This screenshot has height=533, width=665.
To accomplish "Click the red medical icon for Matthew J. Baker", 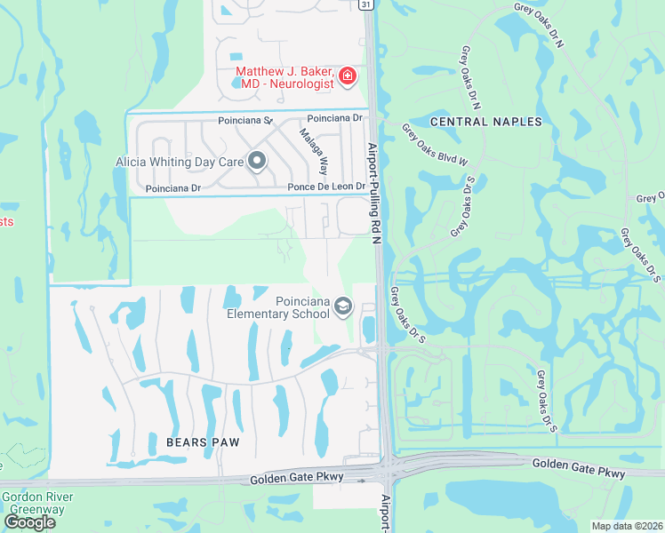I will tap(347, 76).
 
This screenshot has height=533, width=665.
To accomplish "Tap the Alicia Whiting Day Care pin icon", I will tap(257, 162).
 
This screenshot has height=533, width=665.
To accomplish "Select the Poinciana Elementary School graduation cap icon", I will tap(343, 308).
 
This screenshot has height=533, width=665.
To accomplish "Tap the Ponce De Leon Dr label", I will tap(326, 187).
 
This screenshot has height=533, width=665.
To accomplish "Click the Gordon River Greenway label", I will tap(37, 503).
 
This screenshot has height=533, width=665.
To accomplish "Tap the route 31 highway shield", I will tap(365, 5).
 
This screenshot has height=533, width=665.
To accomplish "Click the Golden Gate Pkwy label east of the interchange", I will tap(579, 468).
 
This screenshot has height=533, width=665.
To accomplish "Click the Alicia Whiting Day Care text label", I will tap(180, 162).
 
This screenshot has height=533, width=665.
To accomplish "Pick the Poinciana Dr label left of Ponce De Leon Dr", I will tap(173, 188).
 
